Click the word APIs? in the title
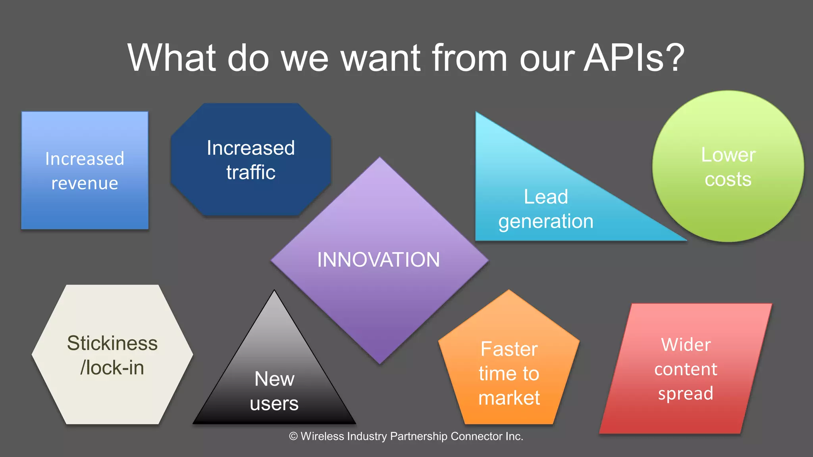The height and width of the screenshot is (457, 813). tap(634, 58)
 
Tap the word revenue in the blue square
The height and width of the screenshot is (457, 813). tap(85, 184)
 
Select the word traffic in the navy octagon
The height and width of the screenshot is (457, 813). tap(251, 173)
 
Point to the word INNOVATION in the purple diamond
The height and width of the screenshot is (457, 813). tap(378, 260)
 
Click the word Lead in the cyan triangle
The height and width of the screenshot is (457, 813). tap(546, 197)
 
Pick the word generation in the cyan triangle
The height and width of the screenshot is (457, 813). tap(546, 221)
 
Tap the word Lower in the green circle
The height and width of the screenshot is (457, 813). tap(728, 155)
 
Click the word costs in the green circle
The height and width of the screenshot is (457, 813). tap(728, 179)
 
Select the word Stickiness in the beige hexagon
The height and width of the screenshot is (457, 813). tap(112, 343)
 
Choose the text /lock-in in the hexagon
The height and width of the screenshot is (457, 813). tap(112, 368)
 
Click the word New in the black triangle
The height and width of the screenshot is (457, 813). tap(274, 379)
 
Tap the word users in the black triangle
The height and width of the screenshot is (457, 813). tap(274, 404)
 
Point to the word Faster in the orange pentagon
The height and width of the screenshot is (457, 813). tap(509, 349)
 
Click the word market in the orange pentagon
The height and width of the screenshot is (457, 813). tap(509, 398)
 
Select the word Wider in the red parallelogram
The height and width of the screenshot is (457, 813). tap(686, 345)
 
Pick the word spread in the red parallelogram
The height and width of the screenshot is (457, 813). tap(686, 394)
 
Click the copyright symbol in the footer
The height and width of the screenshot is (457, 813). tap(293, 436)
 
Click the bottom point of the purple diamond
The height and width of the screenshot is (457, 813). tap(380, 363)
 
